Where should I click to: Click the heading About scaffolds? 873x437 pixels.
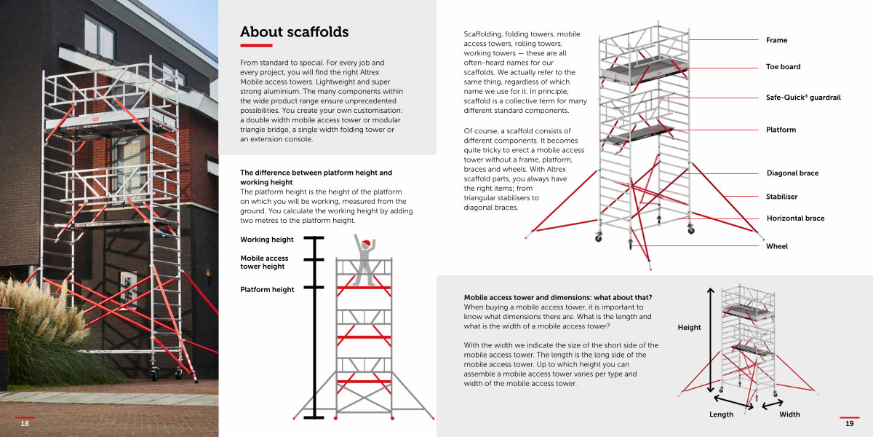pyautogui.click(x=294, y=32)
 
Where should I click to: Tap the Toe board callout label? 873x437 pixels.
pyautogui.click(x=783, y=67)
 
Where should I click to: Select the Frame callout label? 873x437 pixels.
pyautogui.click(x=776, y=40)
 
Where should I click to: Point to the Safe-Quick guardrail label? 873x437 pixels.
pyautogui.click(x=803, y=98)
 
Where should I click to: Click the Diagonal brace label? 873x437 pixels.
pyautogui.click(x=792, y=173)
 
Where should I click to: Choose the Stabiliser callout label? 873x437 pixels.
pyautogui.click(x=781, y=197)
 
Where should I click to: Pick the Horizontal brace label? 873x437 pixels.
pyautogui.click(x=795, y=218)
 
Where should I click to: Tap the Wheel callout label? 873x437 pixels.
pyautogui.click(x=777, y=246)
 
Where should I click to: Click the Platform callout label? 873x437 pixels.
pyautogui.click(x=781, y=130)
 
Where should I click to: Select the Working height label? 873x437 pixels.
pyautogui.click(x=266, y=240)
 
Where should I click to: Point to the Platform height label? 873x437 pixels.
pyautogui.click(x=267, y=290)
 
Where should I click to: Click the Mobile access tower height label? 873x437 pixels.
pyautogui.click(x=264, y=262)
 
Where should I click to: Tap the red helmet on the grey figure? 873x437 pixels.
pyautogui.click(x=365, y=243)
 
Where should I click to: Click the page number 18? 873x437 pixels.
pyautogui.click(x=25, y=423)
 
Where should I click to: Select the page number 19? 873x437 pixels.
pyautogui.click(x=850, y=423)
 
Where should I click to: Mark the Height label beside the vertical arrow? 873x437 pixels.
pyautogui.click(x=689, y=327)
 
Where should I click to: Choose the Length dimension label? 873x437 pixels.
pyautogui.click(x=721, y=414)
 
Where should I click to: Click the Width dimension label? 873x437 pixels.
pyautogui.click(x=789, y=414)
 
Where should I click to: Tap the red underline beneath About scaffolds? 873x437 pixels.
pyautogui.click(x=256, y=46)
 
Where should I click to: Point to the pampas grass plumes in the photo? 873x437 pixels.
pyautogui.click(x=43, y=312)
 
